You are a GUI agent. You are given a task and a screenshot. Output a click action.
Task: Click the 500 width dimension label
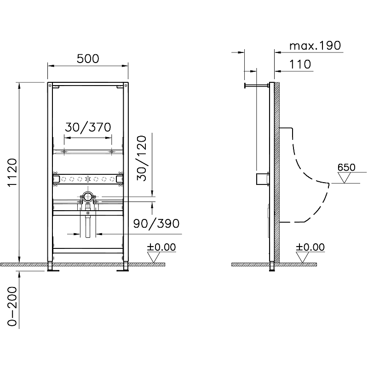(88, 59)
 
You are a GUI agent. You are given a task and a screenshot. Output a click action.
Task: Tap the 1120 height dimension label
(12, 173)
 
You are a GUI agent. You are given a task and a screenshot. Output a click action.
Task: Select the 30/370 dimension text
(88, 127)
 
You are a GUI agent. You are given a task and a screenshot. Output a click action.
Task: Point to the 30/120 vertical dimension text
(142, 158)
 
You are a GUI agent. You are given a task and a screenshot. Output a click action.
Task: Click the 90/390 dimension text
(156, 224)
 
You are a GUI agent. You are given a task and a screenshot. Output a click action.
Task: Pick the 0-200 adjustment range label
(12, 306)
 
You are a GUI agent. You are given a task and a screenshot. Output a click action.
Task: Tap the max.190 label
(315, 46)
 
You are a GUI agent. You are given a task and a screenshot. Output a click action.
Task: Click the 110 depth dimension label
(300, 64)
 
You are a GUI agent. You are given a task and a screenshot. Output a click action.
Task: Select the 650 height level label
(346, 167)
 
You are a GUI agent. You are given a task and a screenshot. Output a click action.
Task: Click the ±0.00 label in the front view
(161, 247)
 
